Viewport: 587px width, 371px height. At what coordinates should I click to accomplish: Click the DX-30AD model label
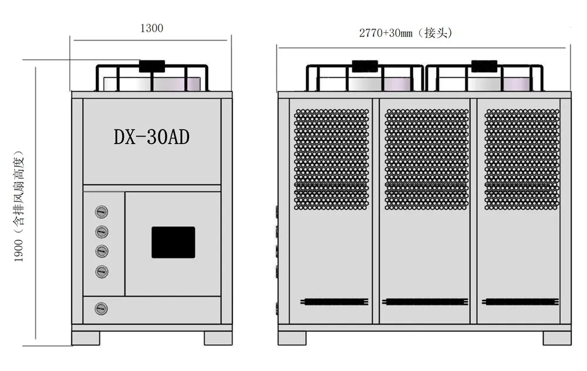(151, 137)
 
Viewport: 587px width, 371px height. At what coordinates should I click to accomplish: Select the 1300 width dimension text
(151, 28)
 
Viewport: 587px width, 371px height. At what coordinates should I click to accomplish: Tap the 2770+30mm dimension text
(406, 33)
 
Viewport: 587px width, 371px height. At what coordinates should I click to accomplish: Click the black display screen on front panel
(173, 242)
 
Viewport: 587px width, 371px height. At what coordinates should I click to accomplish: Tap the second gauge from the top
(102, 232)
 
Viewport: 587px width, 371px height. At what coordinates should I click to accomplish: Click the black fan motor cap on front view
(152, 66)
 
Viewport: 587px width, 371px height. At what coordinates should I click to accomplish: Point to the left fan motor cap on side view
(365, 66)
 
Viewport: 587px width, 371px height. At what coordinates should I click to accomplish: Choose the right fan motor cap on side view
(484, 66)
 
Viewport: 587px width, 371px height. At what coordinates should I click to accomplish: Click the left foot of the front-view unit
(86, 338)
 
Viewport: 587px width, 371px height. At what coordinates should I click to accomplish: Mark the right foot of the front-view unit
(218, 338)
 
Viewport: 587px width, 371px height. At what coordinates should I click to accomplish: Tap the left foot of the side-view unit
(292, 338)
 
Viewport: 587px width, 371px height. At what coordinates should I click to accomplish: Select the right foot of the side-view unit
(556, 338)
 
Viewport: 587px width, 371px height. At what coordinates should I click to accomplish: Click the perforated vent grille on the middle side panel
(426, 159)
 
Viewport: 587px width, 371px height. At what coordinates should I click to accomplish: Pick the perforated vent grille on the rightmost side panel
(522, 159)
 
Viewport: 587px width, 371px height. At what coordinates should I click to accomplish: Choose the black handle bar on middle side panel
(426, 302)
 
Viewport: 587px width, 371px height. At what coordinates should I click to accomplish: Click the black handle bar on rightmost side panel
(519, 302)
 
